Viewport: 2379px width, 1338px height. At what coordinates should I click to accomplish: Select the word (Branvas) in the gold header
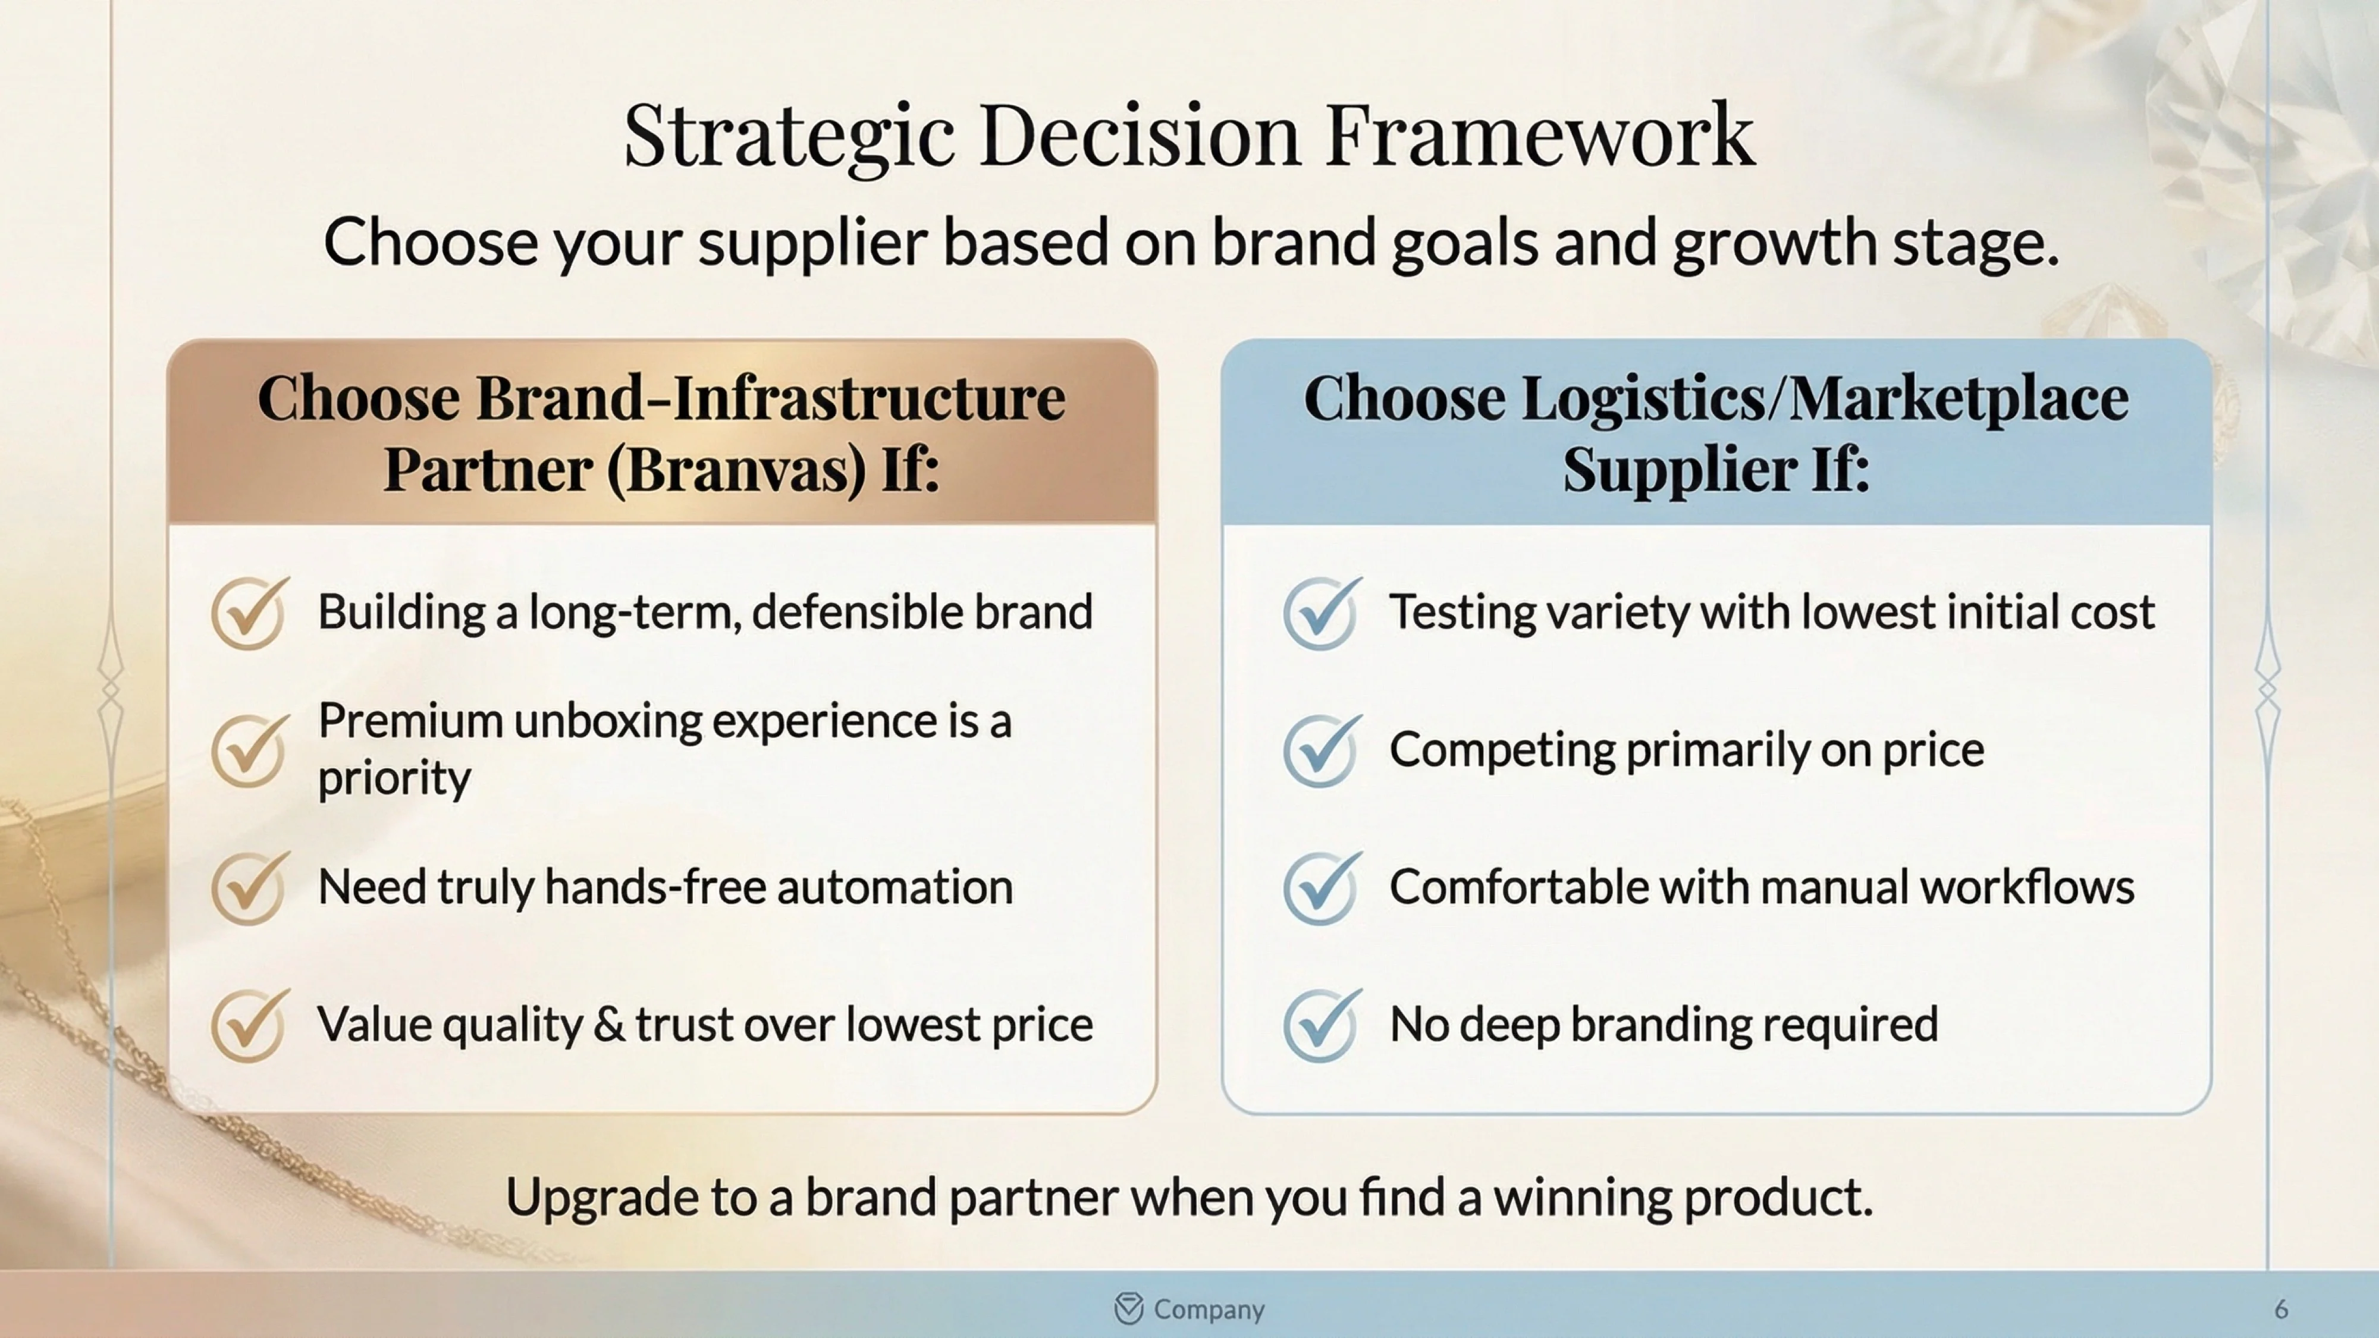click(736, 469)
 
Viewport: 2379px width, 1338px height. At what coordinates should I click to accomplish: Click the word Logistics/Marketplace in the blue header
click(1825, 399)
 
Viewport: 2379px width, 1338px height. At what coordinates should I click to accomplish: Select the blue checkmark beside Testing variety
click(1320, 613)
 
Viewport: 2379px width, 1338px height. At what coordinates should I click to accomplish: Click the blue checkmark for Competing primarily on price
click(1320, 750)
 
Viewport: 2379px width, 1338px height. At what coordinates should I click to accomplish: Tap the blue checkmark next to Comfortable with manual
click(1320, 887)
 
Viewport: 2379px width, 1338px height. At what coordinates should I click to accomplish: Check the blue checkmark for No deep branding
click(1320, 1025)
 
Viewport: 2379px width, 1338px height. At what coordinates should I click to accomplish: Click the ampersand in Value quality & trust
click(608, 1025)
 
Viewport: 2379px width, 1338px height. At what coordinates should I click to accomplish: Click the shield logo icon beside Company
click(1129, 1308)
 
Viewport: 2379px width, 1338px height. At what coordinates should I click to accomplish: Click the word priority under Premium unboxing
click(394, 778)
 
